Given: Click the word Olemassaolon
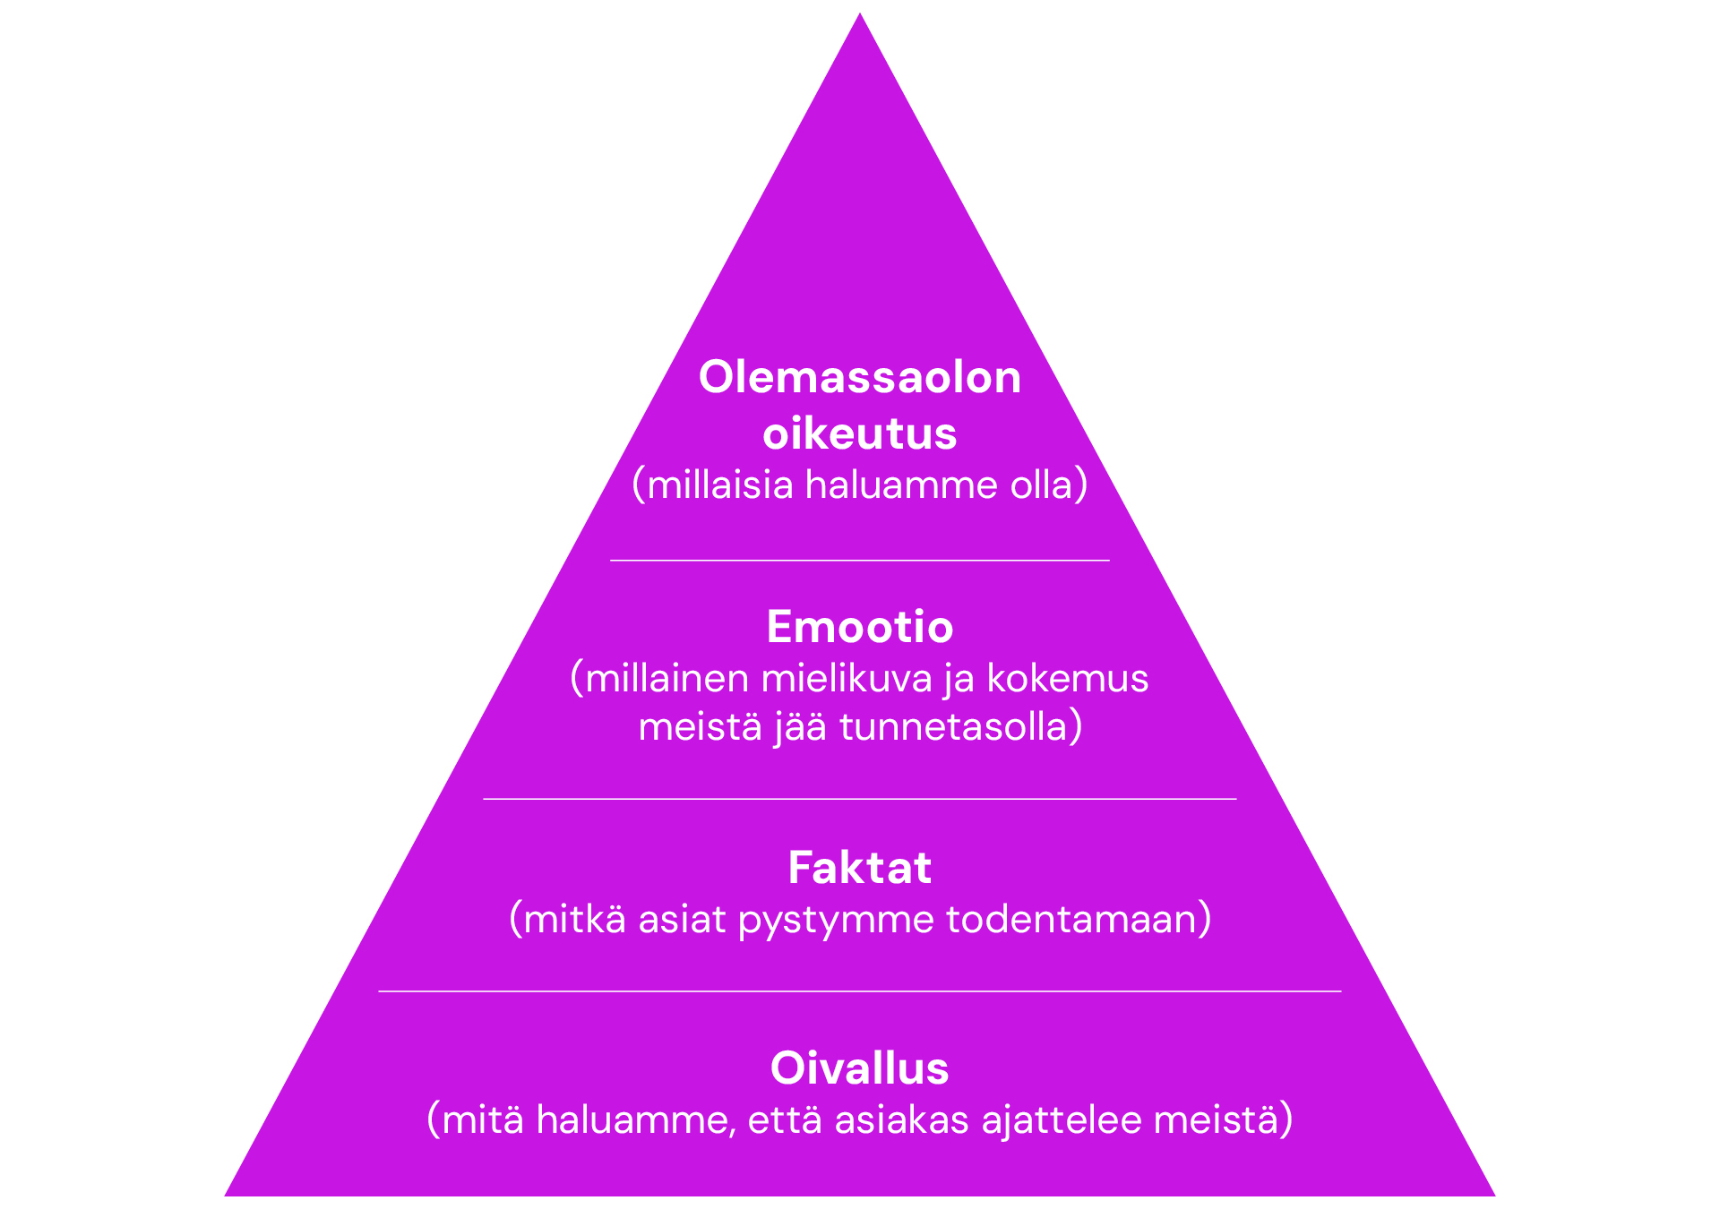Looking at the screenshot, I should click(859, 377).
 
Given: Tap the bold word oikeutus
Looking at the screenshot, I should click(859, 433).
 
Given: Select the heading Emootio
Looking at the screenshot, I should click(859, 627).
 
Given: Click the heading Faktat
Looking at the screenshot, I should click(859, 868).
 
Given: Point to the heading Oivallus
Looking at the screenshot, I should click(859, 1068).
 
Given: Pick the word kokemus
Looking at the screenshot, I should click(1067, 679).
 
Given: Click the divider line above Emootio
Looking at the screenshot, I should click(859, 561).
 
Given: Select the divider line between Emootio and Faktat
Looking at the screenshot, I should click(859, 798).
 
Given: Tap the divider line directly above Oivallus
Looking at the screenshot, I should click(859, 991).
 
